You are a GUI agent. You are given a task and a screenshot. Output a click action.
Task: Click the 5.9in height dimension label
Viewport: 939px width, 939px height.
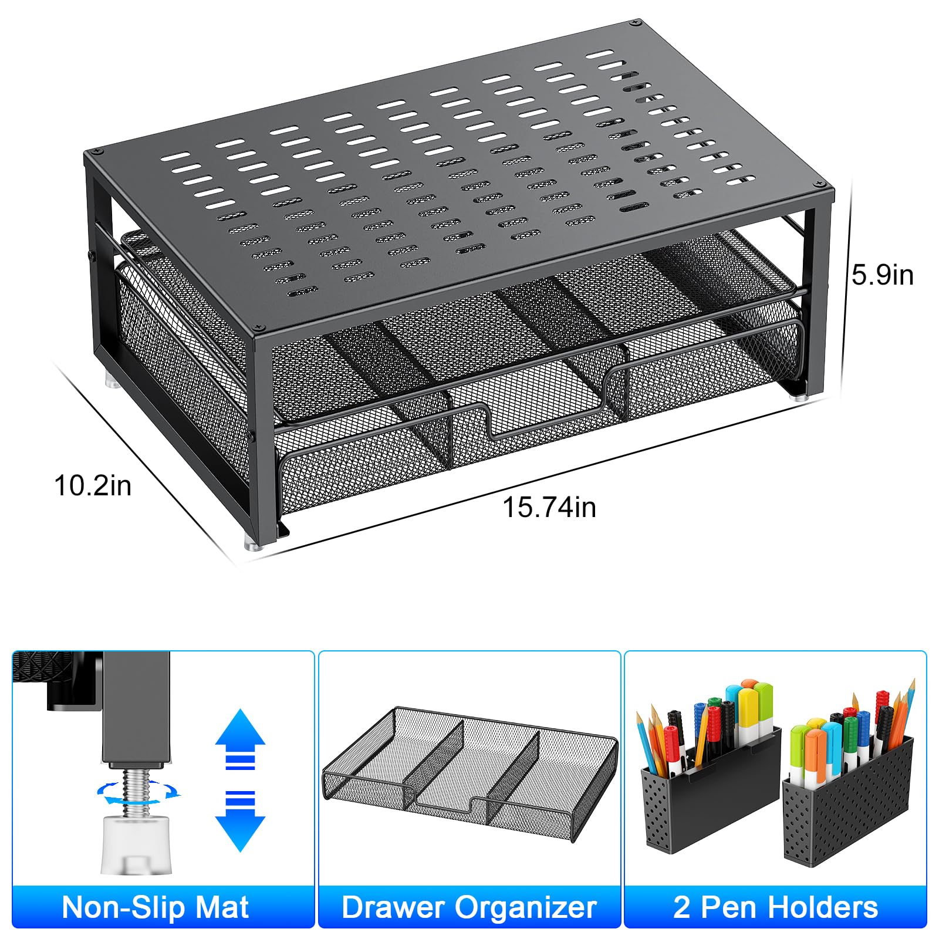click(883, 275)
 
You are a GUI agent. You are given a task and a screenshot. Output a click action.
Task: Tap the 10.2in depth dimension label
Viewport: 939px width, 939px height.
click(93, 486)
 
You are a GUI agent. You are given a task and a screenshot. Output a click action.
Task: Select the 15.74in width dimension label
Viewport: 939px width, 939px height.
click(549, 507)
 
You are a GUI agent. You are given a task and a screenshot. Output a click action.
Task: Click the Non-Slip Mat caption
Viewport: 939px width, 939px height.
click(156, 907)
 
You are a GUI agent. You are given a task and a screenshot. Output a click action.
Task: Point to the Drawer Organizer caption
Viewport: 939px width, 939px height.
click(469, 907)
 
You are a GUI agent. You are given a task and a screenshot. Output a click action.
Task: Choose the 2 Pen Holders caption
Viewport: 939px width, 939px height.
click(775, 907)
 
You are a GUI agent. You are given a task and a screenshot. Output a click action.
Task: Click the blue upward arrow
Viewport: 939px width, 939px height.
click(240, 738)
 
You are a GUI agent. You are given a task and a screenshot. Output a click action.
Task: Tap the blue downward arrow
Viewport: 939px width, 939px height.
click(240, 822)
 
